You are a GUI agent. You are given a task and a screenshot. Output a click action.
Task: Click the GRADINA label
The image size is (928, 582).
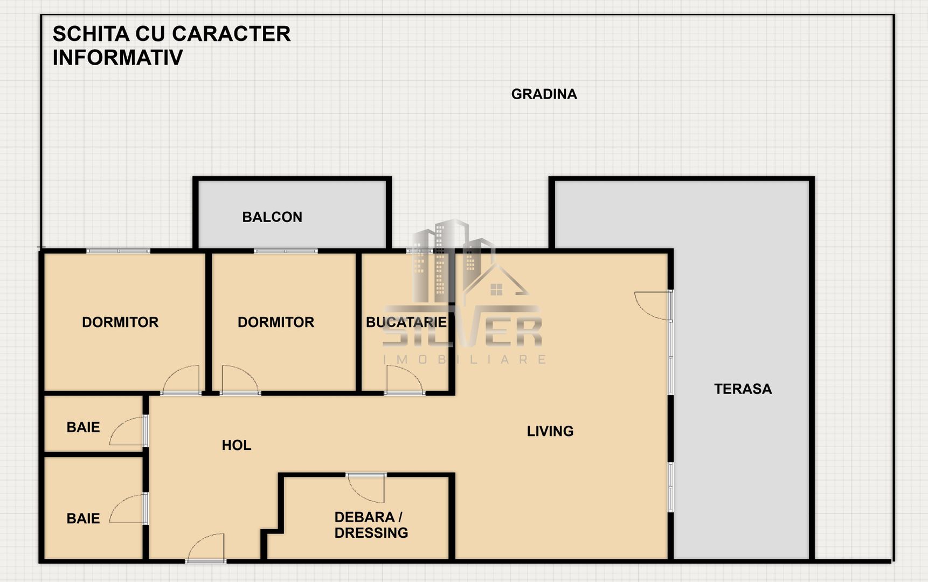(x=544, y=94)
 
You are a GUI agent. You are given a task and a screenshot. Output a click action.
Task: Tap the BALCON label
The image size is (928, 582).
(x=272, y=217)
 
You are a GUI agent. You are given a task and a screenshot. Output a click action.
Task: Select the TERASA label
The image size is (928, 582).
(x=743, y=389)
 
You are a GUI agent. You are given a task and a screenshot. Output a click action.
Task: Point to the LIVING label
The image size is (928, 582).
(x=550, y=431)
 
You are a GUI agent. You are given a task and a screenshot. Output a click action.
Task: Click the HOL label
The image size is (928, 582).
(x=237, y=445)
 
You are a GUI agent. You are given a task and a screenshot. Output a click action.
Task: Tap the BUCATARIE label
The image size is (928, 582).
(x=406, y=322)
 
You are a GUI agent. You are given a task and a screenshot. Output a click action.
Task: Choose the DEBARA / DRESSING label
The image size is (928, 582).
(x=371, y=525)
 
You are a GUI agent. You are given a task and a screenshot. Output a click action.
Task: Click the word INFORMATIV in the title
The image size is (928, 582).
(x=117, y=58)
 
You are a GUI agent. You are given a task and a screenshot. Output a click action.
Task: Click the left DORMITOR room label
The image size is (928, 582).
(x=120, y=322)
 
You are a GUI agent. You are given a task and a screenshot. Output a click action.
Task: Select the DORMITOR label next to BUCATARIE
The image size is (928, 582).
(x=276, y=322)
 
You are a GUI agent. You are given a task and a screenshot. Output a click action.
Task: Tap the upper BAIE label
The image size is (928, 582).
(x=83, y=427)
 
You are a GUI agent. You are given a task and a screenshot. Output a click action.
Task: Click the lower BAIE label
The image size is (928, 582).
(x=83, y=518)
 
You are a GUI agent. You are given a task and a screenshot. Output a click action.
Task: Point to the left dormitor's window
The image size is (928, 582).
(x=118, y=251)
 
